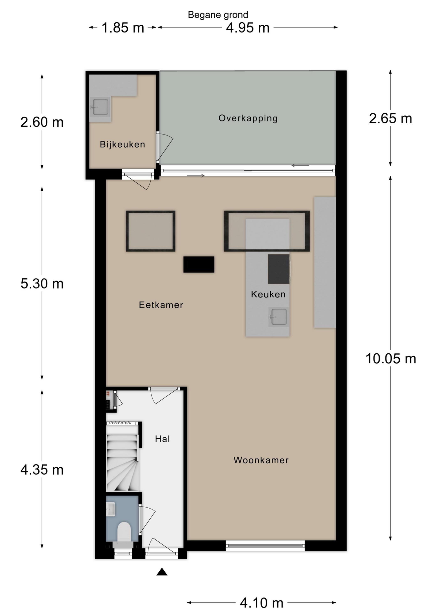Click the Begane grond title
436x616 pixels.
tap(218, 15)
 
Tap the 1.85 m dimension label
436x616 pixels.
tap(123, 28)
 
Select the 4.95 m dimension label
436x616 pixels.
tap(248, 28)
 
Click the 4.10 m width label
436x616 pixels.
tap(262, 603)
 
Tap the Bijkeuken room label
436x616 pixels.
tap(122, 144)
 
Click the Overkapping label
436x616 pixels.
tap(248, 118)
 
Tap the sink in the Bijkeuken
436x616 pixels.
tap(100, 107)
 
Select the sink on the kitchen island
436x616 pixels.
tap(278, 317)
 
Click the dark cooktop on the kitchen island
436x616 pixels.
tap(279, 269)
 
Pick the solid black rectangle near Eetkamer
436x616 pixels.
tap(199, 264)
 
